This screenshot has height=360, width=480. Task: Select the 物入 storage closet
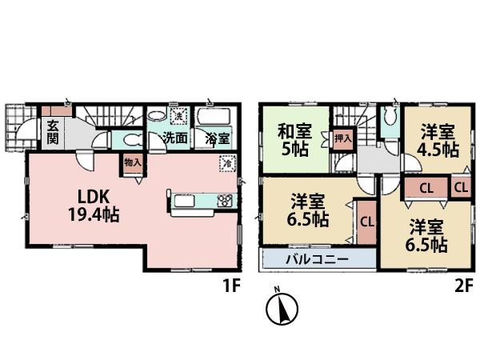[132, 165]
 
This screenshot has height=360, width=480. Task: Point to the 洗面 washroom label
[176, 138]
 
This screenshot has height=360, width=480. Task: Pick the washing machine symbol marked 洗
[181, 116]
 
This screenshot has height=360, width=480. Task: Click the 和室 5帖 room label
[294, 138]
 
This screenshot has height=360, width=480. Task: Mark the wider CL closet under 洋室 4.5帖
[426, 188]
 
